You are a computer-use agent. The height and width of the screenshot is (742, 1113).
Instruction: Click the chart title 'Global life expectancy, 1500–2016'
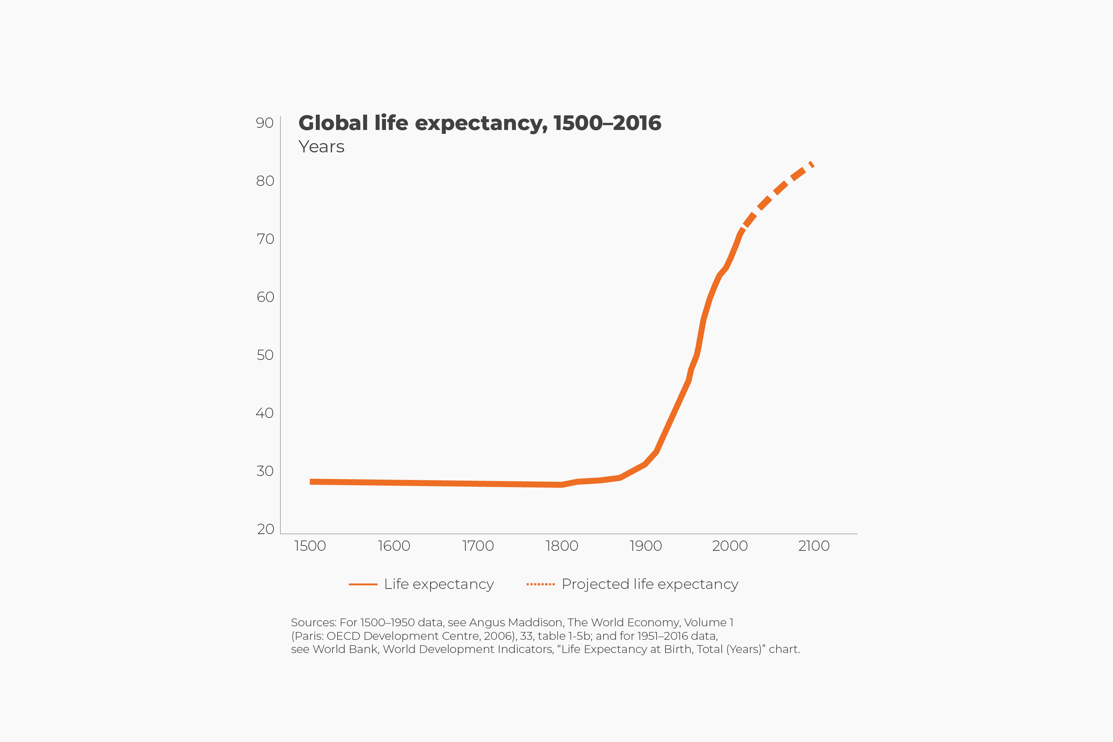479,123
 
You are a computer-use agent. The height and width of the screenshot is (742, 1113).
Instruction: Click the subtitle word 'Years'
321,147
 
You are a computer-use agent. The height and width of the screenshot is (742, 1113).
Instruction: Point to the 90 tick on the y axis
265,123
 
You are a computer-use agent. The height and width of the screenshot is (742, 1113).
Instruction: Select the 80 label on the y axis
265,181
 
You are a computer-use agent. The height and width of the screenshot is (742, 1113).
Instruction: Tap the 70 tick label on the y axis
265,239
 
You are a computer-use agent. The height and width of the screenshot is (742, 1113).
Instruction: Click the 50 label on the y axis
265,355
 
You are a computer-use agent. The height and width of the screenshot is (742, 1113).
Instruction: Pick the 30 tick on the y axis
265,471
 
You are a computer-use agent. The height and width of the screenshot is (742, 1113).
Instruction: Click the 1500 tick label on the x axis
310,546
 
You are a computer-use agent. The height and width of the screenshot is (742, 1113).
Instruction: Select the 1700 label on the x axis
478,546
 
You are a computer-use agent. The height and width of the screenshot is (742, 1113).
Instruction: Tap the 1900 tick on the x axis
646,546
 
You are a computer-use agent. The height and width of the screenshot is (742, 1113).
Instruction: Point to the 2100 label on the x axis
814,546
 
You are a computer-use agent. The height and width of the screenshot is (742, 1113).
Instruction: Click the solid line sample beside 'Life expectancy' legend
363,584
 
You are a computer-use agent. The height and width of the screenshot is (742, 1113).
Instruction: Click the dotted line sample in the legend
540,584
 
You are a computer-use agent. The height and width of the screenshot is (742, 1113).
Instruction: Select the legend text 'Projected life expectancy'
650,584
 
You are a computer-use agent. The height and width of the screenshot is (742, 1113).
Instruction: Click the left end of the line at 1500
312,482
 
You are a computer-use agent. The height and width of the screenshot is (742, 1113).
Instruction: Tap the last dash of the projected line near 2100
811,164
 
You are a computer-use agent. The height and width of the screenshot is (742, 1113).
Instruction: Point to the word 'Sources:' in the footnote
313,623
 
